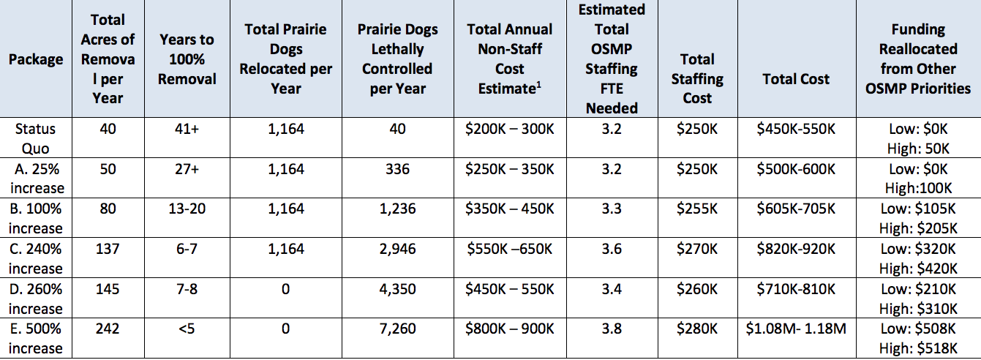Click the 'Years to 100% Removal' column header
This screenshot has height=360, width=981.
coord(187,59)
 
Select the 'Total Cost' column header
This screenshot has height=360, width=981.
coord(796,79)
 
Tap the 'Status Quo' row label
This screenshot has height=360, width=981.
coord(35,138)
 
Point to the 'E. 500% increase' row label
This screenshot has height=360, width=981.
coord(35,338)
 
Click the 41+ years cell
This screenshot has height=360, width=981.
coord(187,129)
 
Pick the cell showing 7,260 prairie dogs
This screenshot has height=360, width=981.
coord(397,329)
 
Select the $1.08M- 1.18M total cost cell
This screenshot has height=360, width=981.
coord(796,329)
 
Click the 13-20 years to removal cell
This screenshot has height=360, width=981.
coord(187,209)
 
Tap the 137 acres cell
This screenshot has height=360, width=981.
coord(108,249)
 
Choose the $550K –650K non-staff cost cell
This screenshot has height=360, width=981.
coord(510,249)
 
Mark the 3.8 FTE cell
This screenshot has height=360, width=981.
coord(612,329)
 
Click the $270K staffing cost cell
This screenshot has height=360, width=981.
coord(697,249)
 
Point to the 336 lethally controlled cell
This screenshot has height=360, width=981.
coord(397,169)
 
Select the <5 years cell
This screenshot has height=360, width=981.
coord(187,329)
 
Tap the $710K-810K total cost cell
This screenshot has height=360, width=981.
coord(796,289)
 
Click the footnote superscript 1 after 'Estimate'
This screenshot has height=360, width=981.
coord(538,85)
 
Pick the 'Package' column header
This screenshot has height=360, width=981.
coord(35,59)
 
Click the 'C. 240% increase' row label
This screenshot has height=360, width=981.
coord(35,258)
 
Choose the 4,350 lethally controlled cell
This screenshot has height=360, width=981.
coord(397,289)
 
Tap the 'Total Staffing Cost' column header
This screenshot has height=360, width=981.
coord(697,79)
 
